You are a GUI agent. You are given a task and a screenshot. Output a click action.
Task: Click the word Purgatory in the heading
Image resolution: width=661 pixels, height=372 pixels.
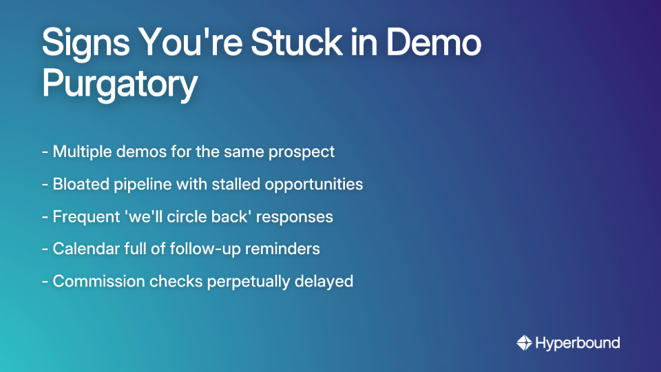(x=120, y=85)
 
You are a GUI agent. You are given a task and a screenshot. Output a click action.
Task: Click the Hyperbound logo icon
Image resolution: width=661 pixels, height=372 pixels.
(x=524, y=342)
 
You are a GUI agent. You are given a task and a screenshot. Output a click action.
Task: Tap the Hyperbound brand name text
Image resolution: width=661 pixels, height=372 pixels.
(x=578, y=343)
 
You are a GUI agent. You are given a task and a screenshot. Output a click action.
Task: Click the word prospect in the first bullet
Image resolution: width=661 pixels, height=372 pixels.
(x=304, y=152)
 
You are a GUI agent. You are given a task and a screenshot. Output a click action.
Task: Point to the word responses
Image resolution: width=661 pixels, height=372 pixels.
(x=295, y=216)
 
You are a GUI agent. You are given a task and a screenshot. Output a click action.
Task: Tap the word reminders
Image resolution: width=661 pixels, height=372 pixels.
(x=285, y=249)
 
